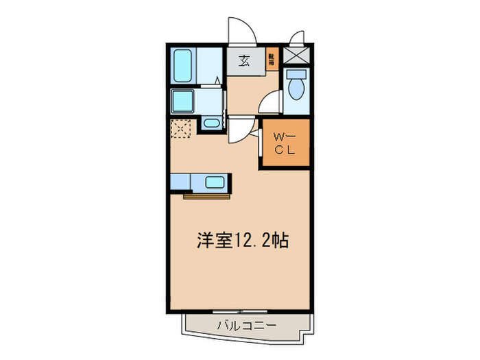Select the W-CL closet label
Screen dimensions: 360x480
[x=285, y=144]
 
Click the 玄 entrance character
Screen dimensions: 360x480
[x=243, y=60]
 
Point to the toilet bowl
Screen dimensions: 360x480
[x=297, y=90]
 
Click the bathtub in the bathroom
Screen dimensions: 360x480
[x=184, y=66]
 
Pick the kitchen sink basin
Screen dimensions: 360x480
[x=215, y=182]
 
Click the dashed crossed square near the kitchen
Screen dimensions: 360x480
[x=181, y=128]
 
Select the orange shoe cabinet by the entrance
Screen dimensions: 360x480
[x=272, y=60]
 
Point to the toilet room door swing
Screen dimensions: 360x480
[x=271, y=103]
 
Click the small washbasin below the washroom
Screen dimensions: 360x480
[x=211, y=124]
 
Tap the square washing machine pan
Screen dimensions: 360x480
[x=183, y=101]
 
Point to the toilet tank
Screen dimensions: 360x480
[x=297, y=73]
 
